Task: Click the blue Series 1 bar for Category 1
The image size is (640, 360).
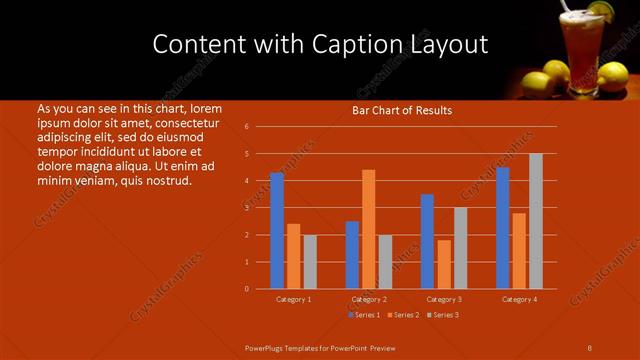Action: (276, 231)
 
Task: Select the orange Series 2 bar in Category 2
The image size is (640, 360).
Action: (369, 229)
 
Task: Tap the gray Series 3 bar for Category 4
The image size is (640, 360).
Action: (536, 221)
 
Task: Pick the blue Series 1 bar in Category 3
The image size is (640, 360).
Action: (427, 241)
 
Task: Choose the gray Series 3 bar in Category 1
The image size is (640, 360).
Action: (310, 262)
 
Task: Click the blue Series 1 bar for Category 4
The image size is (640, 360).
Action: (502, 228)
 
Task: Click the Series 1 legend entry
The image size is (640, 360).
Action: (363, 315)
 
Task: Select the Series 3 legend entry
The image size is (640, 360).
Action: (443, 315)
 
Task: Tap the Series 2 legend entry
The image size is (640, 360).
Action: (403, 315)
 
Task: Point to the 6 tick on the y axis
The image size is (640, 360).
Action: (246, 127)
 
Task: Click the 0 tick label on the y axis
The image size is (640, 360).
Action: (246, 289)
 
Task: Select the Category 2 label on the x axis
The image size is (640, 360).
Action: (369, 300)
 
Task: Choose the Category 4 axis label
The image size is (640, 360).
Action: (519, 300)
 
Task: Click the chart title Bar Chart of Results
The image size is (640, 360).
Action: (402, 110)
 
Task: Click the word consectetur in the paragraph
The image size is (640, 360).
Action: (184, 122)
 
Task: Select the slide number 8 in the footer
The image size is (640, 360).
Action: (589, 348)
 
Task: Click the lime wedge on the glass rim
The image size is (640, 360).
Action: (600, 10)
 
